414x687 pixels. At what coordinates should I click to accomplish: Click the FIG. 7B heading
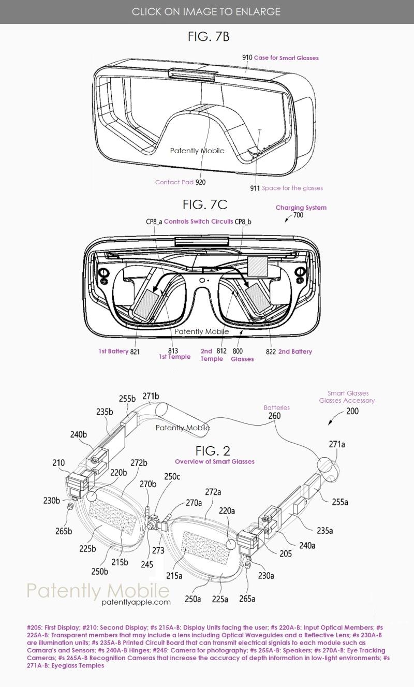click(x=209, y=37)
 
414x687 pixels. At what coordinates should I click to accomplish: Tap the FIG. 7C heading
click(x=205, y=204)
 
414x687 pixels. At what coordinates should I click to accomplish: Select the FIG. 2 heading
click(x=213, y=450)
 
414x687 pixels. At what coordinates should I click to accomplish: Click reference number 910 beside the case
click(x=247, y=57)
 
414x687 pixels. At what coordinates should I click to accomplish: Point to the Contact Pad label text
click(x=174, y=182)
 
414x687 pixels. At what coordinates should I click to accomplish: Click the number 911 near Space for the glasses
click(x=255, y=188)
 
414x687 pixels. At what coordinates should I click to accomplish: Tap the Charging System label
click(x=301, y=208)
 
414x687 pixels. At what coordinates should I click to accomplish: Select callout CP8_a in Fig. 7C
click(x=154, y=222)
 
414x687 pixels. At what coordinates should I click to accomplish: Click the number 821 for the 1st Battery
click(x=135, y=352)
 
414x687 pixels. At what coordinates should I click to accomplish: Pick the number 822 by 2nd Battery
click(x=271, y=352)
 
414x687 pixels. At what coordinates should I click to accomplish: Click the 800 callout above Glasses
click(x=238, y=351)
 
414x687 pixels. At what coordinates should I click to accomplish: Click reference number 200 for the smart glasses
click(x=352, y=412)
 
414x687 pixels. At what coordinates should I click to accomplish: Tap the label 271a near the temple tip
click(x=337, y=444)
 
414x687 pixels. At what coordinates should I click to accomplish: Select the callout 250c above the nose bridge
click(x=172, y=476)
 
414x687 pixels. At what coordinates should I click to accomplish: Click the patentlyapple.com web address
click(x=136, y=602)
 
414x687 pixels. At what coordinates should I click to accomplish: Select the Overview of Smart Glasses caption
click(x=214, y=461)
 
